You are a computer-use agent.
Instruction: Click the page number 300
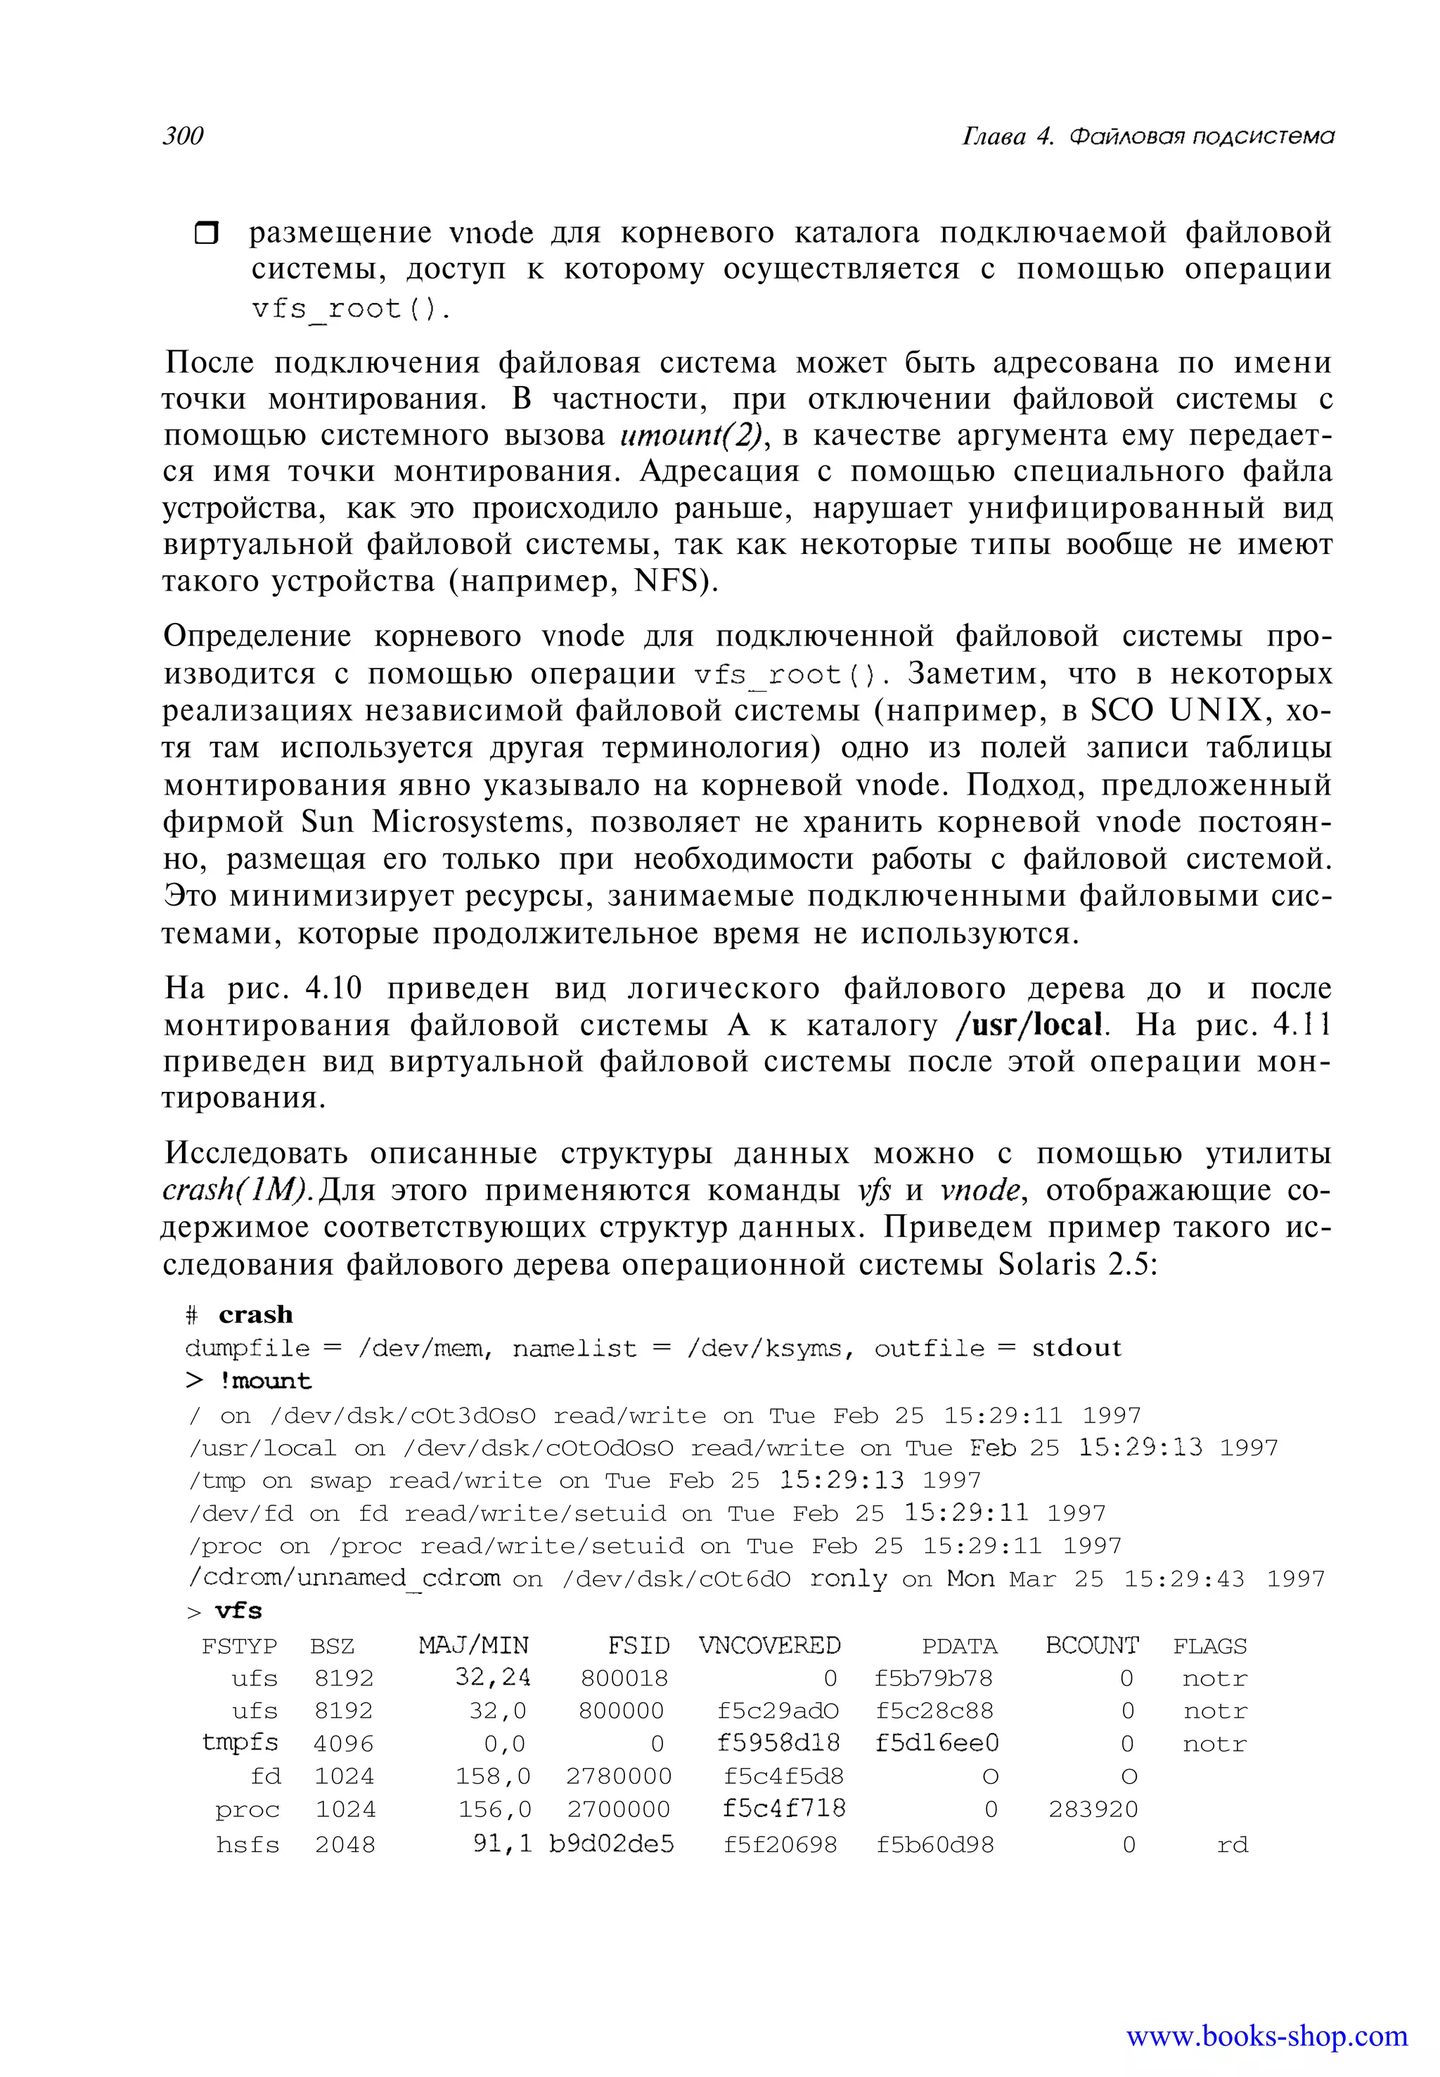pyautogui.click(x=182, y=136)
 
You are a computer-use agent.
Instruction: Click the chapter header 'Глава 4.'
pyautogui.click(x=1007, y=137)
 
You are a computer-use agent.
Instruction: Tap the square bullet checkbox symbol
pyautogui.click(x=207, y=235)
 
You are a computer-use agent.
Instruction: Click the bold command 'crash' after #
pyautogui.click(x=255, y=1315)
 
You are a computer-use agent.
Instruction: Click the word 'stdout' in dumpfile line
pyautogui.click(x=1076, y=1348)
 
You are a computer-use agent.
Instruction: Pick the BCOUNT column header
pyautogui.click(x=1092, y=1646)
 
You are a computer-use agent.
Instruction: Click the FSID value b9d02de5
pyautogui.click(x=611, y=1844)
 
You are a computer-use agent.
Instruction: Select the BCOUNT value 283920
pyautogui.click(x=1093, y=1809)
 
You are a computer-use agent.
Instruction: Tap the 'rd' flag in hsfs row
pyautogui.click(x=1232, y=1845)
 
